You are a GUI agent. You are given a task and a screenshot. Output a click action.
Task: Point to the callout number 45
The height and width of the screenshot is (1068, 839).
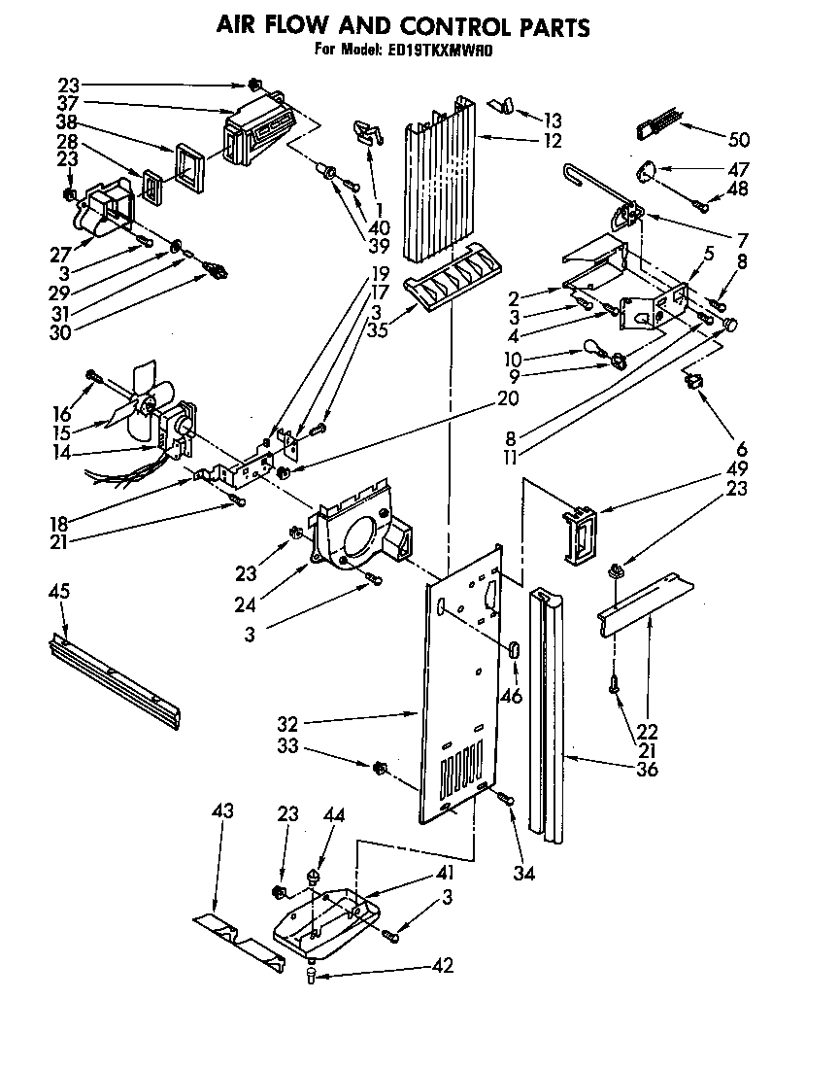coord(60,593)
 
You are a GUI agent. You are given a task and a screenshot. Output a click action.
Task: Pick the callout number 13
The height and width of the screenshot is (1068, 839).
coord(553,121)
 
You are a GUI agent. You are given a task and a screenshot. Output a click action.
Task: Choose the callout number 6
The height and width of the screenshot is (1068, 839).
coord(743,449)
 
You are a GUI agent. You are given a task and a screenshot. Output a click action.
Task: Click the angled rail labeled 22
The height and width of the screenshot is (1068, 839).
coord(646,602)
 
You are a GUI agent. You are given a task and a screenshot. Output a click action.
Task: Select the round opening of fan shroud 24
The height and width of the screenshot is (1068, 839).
coord(360,534)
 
